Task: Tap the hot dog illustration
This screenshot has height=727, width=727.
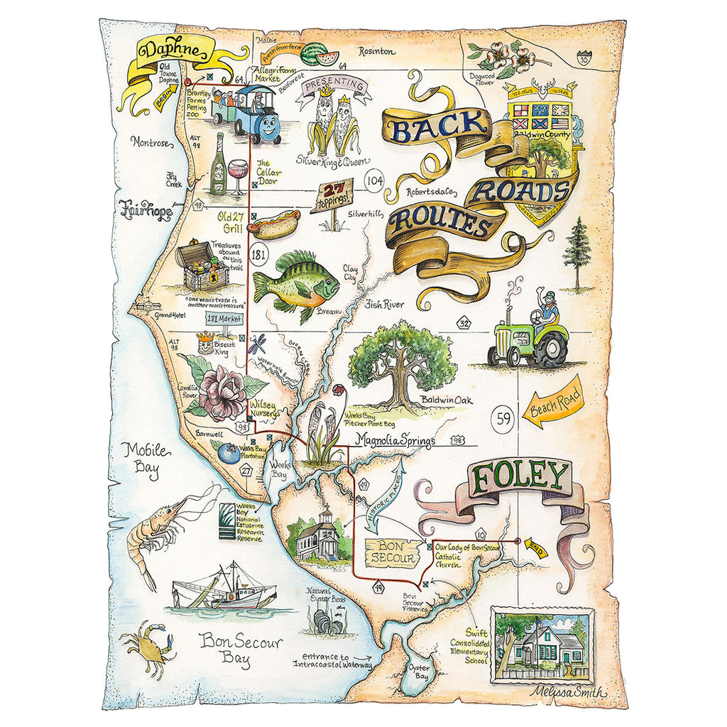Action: point(274,227)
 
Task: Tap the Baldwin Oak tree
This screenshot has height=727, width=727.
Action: point(401,362)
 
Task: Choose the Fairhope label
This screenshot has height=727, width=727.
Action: point(146,209)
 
